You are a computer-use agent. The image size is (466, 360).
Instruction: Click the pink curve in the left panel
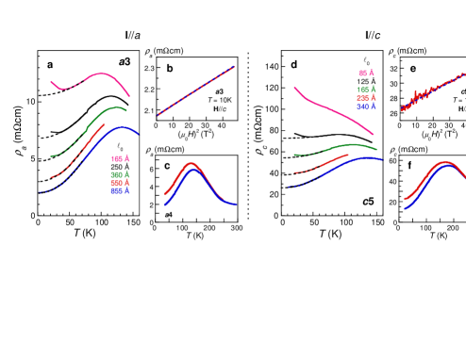click(99, 74)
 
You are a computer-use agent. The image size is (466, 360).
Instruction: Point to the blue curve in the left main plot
click(123, 127)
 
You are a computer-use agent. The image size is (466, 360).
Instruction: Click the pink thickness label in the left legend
click(120, 159)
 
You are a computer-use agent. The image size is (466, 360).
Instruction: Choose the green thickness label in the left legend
click(120, 175)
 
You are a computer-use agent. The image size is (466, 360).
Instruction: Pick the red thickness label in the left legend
click(120, 183)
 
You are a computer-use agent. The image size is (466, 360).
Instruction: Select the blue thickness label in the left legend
click(120, 190)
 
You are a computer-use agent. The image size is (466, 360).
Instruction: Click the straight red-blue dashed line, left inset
click(196, 90)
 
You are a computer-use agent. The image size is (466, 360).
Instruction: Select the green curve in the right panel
click(349, 145)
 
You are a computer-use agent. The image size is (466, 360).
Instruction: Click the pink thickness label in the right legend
click(365, 74)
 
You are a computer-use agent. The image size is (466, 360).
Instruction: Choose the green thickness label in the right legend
click(365, 90)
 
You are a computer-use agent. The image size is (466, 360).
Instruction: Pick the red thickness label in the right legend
click(365, 98)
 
